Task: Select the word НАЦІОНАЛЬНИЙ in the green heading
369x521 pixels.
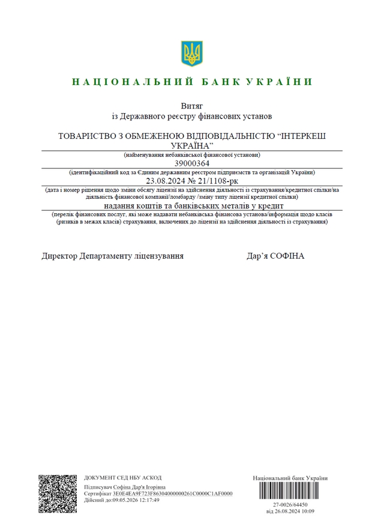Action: coord(132,81)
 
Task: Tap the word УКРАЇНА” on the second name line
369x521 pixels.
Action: coord(192,146)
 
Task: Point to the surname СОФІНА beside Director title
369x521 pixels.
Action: coord(288,256)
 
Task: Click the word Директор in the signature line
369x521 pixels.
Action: coord(60,256)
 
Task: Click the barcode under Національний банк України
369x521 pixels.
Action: coord(290,492)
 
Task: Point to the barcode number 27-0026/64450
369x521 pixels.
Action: coord(290,505)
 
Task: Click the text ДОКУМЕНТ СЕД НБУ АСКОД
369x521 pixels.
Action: coord(122,477)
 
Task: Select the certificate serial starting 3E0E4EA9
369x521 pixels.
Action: coord(175,493)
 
